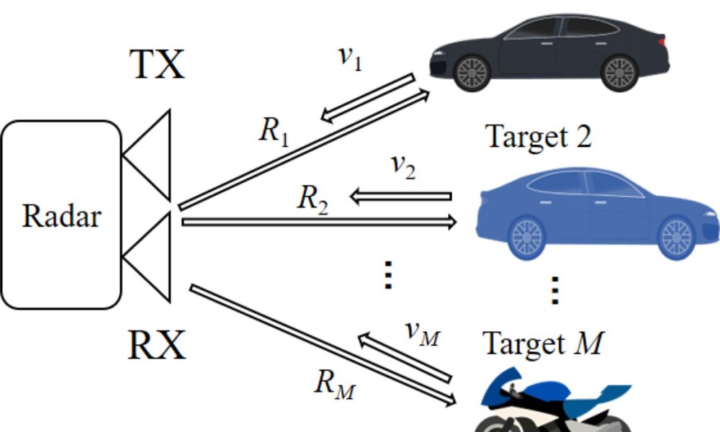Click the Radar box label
62,215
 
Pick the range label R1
274,131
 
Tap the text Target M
541,343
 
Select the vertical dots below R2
388,274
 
